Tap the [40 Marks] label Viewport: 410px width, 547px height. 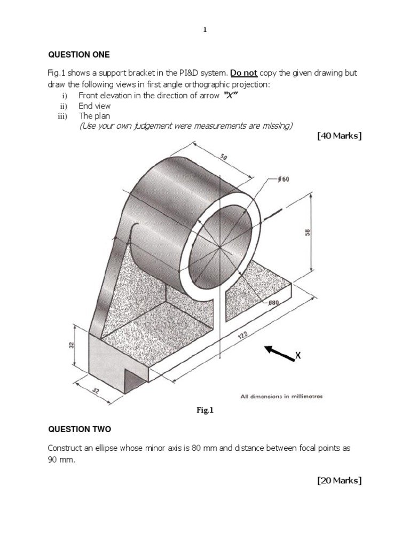(x=339, y=136)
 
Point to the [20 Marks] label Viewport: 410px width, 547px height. (x=339, y=481)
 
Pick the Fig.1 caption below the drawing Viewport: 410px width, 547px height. (x=205, y=410)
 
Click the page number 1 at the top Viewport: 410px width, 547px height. (x=205, y=30)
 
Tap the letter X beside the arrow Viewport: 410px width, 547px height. (x=298, y=355)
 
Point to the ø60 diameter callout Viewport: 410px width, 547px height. (x=282, y=179)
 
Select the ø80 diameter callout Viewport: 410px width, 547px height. (x=273, y=303)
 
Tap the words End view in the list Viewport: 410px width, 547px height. (x=94, y=106)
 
